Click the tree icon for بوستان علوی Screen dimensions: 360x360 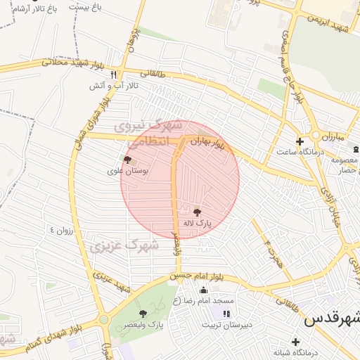[127, 160]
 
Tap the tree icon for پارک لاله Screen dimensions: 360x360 [197, 212]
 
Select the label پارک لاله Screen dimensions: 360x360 [197, 223]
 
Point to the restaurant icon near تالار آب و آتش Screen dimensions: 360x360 [113, 74]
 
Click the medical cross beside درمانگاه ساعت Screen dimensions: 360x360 [300, 141]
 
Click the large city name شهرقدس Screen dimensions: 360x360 [331, 318]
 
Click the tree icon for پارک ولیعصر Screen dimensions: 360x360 [143, 314]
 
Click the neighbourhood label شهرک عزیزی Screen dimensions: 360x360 [119, 245]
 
